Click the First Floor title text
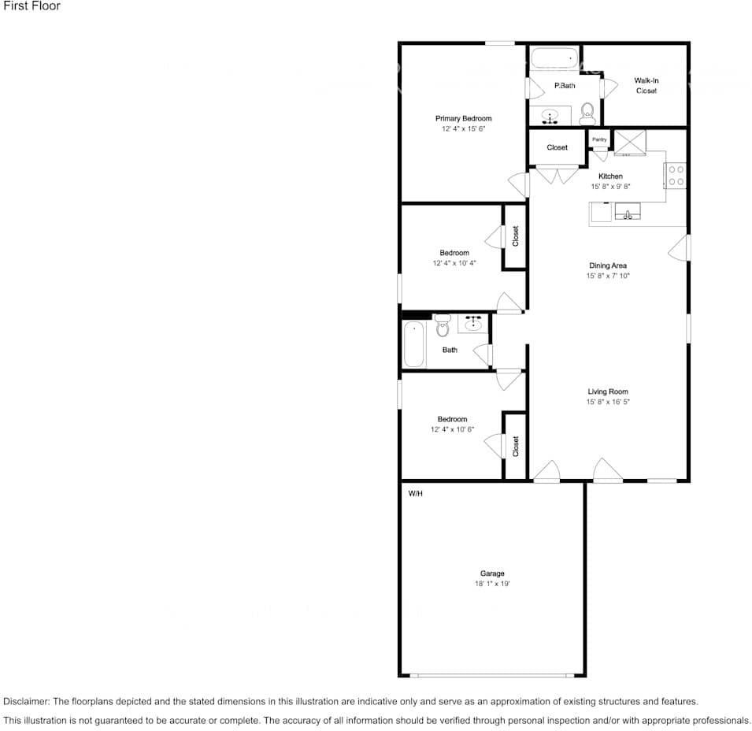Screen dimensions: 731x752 (x=32, y=6)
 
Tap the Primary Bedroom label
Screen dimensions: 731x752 (x=463, y=118)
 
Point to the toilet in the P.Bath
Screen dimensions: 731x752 (x=587, y=114)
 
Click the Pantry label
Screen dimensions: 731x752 (x=599, y=139)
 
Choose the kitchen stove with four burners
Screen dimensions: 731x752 (x=676, y=176)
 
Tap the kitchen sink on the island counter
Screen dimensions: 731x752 (x=628, y=212)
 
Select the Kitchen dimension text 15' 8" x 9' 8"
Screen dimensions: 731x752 (x=610, y=187)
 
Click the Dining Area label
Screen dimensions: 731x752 (x=608, y=265)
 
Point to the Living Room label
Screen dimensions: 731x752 (x=608, y=391)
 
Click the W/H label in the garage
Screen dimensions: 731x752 (x=415, y=494)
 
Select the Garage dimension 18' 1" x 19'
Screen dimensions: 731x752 (x=492, y=584)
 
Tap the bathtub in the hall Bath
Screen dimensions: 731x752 (x=414, y=345)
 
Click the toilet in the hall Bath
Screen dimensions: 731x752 (x=443, y=324)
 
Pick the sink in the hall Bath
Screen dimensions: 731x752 (x=473, y=323)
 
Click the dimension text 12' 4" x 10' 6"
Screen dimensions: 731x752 (x=452, y=429)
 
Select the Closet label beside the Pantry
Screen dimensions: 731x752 (x=557, y=147)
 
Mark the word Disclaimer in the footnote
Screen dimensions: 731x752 (x=26, y=701)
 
